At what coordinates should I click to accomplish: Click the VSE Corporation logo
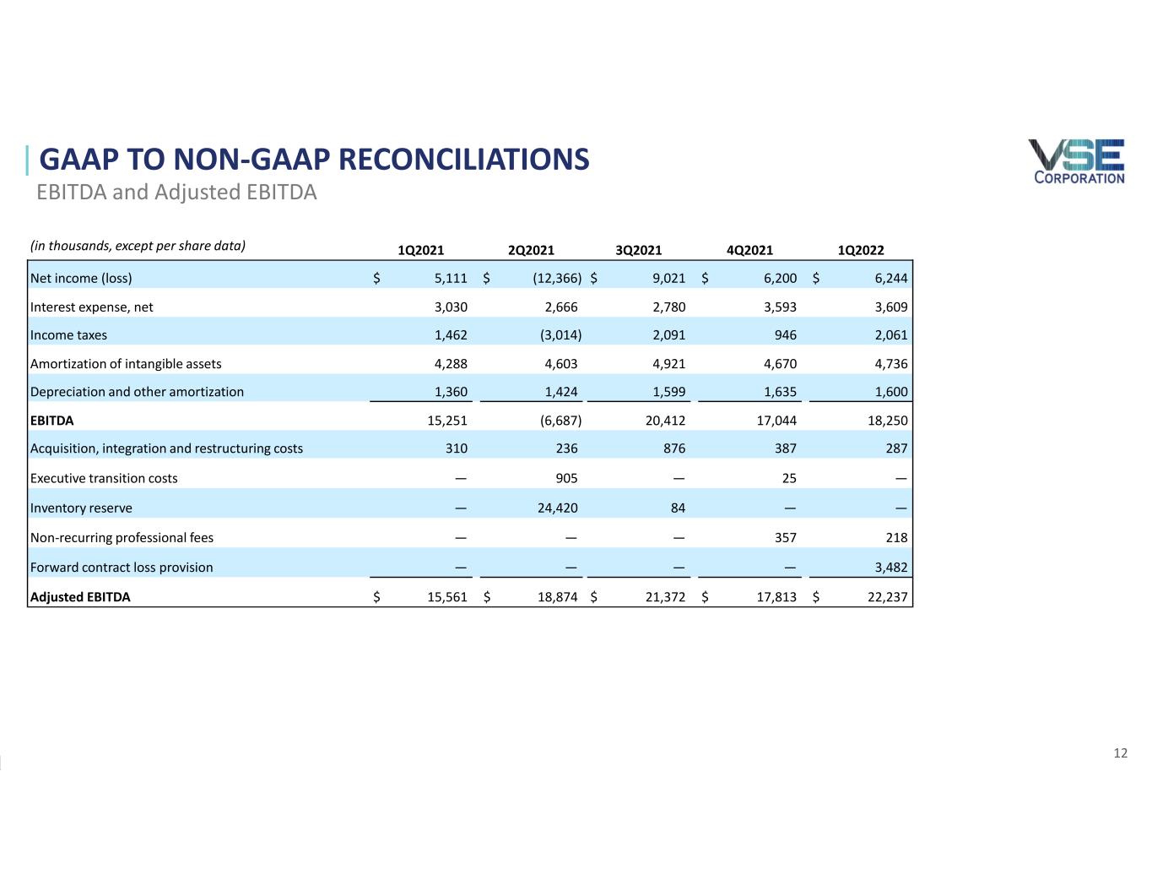pos(1076,161)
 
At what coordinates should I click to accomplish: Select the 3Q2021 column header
pos(638,250)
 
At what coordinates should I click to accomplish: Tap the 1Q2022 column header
pos(861,250)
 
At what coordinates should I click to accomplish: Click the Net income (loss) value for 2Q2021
pos(557,279)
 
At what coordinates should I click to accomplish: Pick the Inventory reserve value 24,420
pos(557,508)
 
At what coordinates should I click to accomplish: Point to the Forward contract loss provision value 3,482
pos(890,568)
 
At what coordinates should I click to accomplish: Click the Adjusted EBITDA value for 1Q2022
pos(888,597)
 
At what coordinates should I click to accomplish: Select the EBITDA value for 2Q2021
pos(560,421)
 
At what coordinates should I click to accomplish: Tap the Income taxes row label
pos(68,335)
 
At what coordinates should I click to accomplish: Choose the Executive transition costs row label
pos(104,478)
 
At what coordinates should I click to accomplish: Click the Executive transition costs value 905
pos(566,478)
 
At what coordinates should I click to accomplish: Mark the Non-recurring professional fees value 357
pos(785,538)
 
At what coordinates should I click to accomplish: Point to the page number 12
pos(1120,753)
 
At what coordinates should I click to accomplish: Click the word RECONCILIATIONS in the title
pos(463,159)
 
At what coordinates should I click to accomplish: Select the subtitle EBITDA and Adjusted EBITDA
pos(176,192)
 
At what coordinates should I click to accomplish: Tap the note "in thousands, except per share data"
pos(138,246)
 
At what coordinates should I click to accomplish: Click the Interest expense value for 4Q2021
pos(780,307)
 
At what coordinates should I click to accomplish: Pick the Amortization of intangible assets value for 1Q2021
pos(451,364)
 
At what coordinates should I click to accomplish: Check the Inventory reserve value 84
pos(678,508)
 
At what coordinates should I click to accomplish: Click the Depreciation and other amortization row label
pos(137,392)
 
